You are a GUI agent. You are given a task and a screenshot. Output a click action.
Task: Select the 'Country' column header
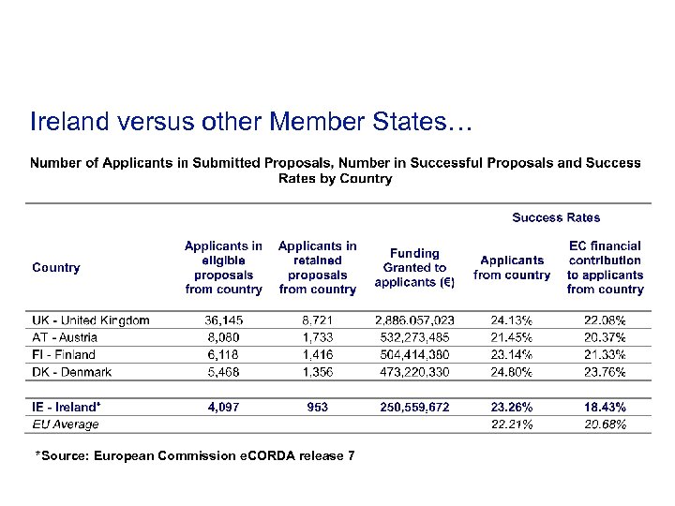tap(56, 268)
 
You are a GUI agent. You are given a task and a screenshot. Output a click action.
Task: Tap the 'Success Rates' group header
tap(556, 217)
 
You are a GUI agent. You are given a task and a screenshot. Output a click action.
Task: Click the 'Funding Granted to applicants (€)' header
tap(413, 268)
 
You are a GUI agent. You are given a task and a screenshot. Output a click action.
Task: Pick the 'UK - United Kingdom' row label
tap(91, 320)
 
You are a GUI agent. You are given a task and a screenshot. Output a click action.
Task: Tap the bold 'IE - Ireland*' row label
tap(67, 408)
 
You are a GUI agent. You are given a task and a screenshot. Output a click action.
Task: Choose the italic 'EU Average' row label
tap(66, 424)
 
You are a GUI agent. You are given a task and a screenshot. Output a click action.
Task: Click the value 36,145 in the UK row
tap(224, 320)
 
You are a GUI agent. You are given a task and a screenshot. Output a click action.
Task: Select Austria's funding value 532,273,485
tap(414, 337)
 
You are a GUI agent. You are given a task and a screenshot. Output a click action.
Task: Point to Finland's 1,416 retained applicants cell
tap(318, 355)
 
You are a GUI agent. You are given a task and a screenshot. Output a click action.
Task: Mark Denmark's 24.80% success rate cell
tap(512, 372)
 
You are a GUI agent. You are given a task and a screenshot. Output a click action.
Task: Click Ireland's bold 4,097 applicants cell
tap(224, 408)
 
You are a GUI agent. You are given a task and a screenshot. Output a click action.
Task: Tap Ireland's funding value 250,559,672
tap(414, 408)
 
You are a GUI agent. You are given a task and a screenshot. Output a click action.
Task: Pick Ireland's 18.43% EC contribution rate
tap(605, 408)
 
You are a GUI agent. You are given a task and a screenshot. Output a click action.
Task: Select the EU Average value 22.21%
tap(512, 424)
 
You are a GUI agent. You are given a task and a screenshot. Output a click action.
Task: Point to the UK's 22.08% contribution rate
tap(605, 320)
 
